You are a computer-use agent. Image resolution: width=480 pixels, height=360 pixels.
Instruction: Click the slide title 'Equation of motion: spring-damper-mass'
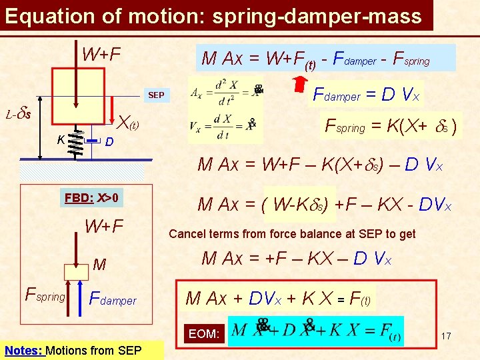coord(213,16)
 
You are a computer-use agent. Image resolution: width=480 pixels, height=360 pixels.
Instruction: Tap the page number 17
coord(446,336)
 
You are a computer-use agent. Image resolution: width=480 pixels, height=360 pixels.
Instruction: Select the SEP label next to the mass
coord(156,95)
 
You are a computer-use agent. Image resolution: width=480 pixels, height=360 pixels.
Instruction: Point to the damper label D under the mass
coord(110,142)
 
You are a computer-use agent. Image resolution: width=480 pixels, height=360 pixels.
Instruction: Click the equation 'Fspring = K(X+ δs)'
coord(390,126)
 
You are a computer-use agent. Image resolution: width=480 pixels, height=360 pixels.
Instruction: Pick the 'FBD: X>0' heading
coord(91,198)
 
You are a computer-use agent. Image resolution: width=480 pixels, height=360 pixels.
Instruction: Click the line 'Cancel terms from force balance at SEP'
coord(292,233)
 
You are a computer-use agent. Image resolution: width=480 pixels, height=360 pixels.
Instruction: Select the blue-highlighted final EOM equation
coord(316,331)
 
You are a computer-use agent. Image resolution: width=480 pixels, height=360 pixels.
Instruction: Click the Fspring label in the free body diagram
coord(45,293)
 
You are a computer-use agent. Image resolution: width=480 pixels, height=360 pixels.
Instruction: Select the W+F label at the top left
coord(101,53)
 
